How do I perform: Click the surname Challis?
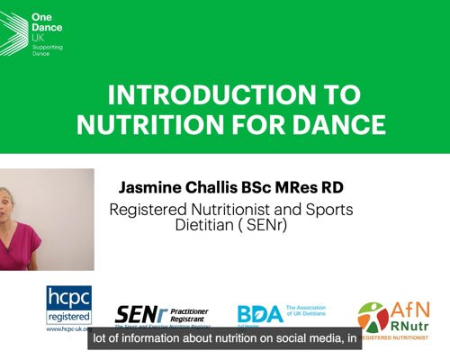[x=229, y=187]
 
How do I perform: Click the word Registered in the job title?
[x=149, y=210]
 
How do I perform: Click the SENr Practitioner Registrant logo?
[x=160, y=316]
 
